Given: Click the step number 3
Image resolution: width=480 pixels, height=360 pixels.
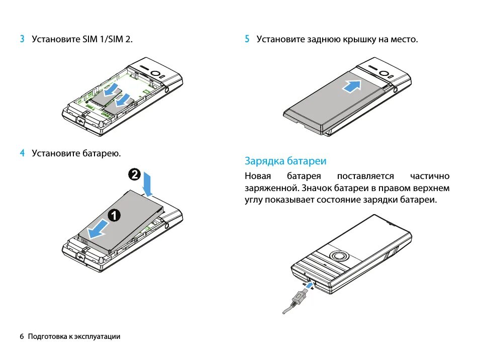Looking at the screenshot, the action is click(22, 39).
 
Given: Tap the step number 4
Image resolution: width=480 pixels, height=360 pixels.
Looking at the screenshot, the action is click(22, 153).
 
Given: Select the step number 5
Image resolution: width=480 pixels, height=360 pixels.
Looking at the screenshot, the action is click(247, 39).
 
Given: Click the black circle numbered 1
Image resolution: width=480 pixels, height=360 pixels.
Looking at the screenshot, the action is click(114, 215).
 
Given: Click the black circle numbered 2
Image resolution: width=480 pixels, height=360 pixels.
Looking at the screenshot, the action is click(134, 175).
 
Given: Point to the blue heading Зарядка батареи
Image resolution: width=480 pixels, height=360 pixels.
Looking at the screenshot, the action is click(285, 161).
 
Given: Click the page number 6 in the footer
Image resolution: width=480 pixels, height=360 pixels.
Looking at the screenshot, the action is click(22, 336).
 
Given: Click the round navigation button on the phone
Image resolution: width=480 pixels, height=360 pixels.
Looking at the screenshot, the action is click(340, 255).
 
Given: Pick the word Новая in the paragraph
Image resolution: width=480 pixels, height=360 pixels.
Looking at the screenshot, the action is click(258, 176).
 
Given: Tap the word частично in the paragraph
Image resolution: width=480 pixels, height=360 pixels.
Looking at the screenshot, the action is click(429, 176).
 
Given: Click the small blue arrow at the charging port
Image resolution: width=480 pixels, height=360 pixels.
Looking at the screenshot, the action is click(312, 285).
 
